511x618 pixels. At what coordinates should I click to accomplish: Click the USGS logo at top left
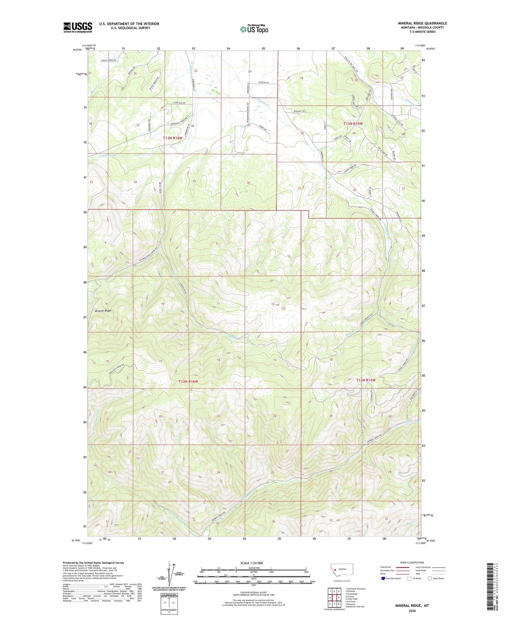coord(78,27)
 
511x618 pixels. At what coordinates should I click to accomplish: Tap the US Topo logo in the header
coord(254,29)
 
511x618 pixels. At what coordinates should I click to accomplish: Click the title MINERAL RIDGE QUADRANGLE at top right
coord(422,23)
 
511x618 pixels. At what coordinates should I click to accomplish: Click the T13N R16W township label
coord(172,138)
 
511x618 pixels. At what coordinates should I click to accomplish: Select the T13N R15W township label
coord(353,124)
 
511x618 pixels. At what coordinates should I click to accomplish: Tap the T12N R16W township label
coord(188,381)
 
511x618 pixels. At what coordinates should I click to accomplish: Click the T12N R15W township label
coord(366,380)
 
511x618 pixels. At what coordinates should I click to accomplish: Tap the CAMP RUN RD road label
coord(179,103)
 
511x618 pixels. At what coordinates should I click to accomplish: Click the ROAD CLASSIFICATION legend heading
coord(412,562)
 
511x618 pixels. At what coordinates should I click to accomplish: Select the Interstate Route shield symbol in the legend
coord(383,578)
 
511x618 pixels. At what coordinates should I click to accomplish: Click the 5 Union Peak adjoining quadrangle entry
coord(352,599)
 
